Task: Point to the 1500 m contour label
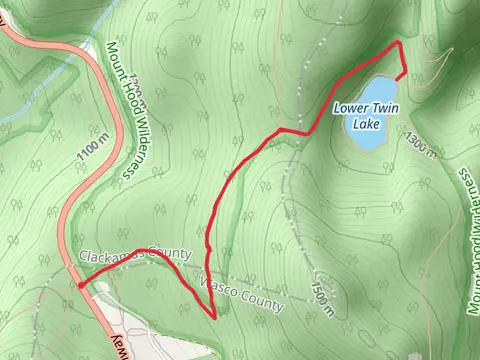tap(323, 293)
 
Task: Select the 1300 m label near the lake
tap(422, 146)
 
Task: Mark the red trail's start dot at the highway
tap(80, 285)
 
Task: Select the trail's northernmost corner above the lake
tap(400, 44)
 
